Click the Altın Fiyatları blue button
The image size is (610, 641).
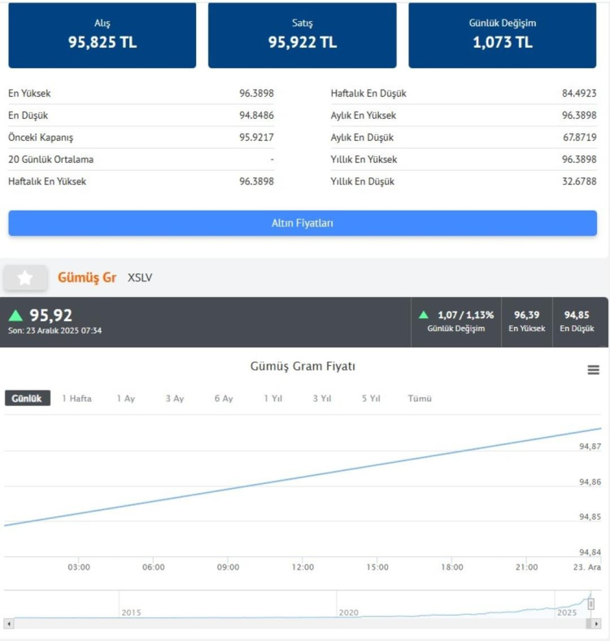pyautogui.click(x=302, y=223)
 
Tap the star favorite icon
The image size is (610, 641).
pyautogui.click(x=25, y=278)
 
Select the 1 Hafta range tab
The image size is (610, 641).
pyautogui.click(x=76, y=399)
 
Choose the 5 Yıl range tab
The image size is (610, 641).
pyautogui.click(x=371, y=399)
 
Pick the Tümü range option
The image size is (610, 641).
pyautogui.click(x=420, y=399)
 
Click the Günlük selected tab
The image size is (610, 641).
pyautogui.click(x=27, y=399)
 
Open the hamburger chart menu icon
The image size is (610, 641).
pyautogui.click(x=594, y=370)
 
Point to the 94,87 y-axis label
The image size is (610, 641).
pyautogui.click(x=590, y=447)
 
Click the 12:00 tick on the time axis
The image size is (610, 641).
pyautogui.click(x=303, y=567)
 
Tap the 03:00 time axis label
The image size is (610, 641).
pyautogui.click(x=79, y=567)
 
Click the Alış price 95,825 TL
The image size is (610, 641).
pyautogui.click(x=102, y=42)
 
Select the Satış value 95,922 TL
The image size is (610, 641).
pyautogui.click(x=303, y=42)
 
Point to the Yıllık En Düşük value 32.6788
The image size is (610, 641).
pyautogui.click(x=579, y=181)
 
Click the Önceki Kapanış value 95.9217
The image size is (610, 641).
pyautogui.click(x=256, y=137)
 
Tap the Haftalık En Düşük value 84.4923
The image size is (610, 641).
pyautogui.click(x=579, y=94)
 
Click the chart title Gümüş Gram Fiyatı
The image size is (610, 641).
pyautogui.click(x=303, y=367)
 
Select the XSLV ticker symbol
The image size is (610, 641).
pyautogui.click(x=140, y=278)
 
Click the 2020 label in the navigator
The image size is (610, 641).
pyautogui.click(x=348, y=612)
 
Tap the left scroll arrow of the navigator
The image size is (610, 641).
pyautogui.click(x=9, y=624)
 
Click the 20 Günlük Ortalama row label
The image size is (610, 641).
pyautogui.click(x=50, y=159)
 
